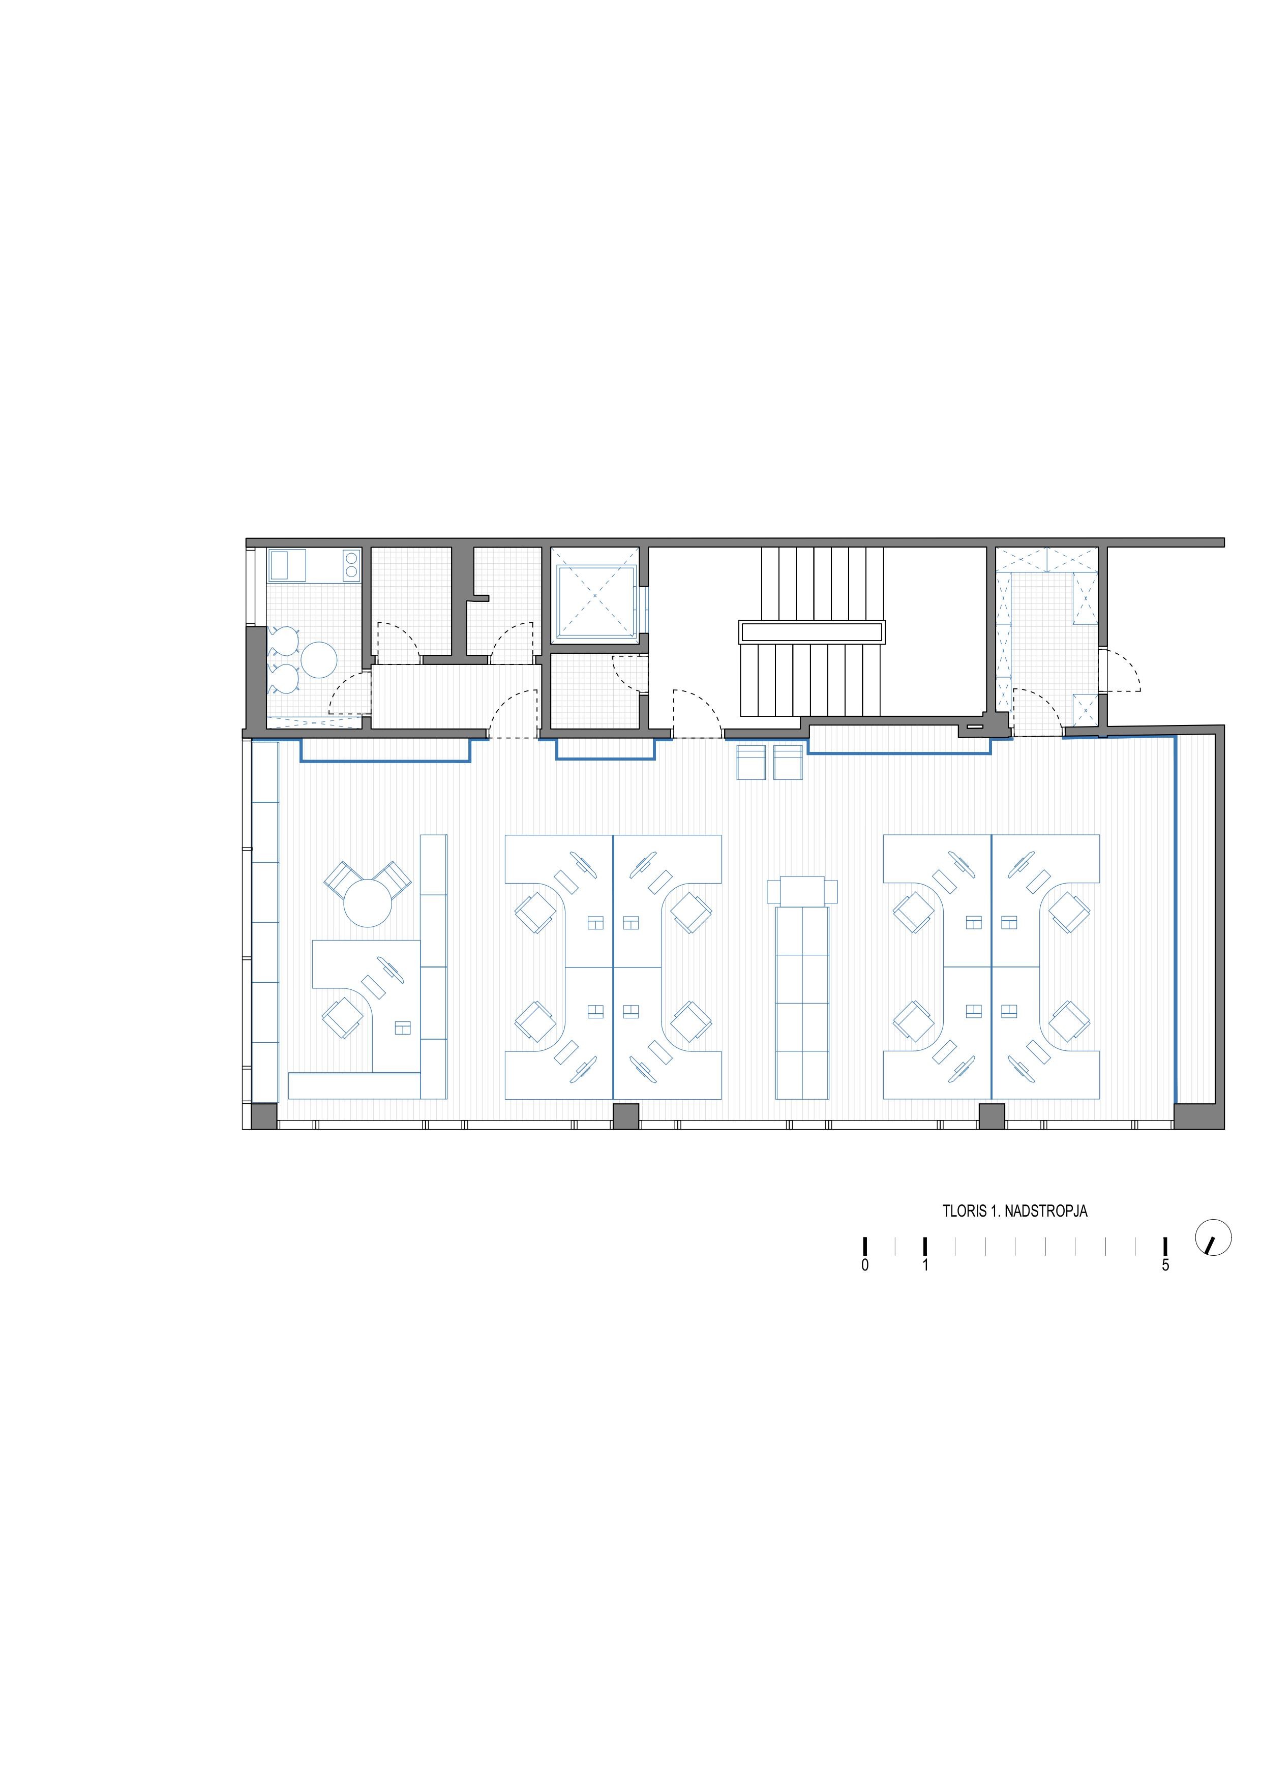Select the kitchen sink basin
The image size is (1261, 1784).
pyautogui.click(x=287, y=565)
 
